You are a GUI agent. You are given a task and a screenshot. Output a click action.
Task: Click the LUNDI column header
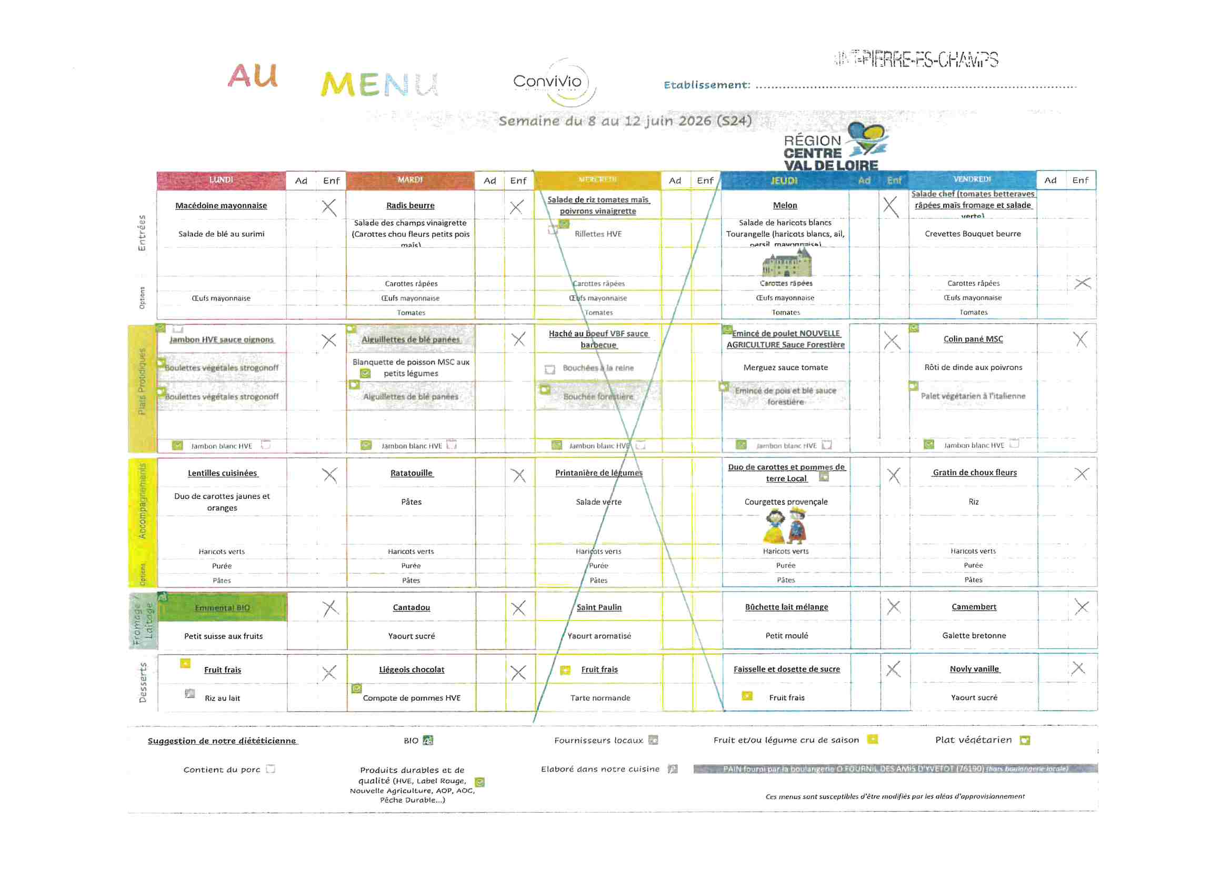click(221, 180)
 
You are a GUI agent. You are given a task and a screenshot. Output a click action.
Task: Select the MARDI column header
click(410, 180)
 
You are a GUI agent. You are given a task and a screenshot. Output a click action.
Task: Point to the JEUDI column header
click(784, 181)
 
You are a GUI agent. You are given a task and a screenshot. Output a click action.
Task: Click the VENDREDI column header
click(972, 179)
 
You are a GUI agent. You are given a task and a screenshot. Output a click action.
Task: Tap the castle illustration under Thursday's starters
click(786, 263)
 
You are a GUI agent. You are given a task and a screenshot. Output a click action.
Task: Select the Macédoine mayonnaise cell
click(221, 206)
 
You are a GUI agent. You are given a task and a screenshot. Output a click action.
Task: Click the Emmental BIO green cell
click(223, 608)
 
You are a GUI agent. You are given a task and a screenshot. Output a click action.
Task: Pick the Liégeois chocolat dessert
click(411, 669)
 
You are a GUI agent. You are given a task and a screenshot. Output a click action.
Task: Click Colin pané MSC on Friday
click(973, 339)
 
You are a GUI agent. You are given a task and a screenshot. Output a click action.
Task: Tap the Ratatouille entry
click(411, 473)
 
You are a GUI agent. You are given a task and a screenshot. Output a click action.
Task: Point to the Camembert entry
click(974, 607)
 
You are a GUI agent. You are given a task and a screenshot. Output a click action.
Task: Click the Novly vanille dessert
click(974, 669)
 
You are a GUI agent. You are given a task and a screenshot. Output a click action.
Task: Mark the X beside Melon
click(890, 206)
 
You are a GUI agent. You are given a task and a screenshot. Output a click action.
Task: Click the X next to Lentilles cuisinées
click(330, 475)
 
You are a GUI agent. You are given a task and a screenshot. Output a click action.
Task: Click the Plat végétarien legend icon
click(1025, 741)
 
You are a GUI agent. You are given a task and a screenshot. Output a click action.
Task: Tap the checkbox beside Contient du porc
click(271, 769)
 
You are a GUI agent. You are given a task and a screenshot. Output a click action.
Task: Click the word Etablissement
click(706, 85)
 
